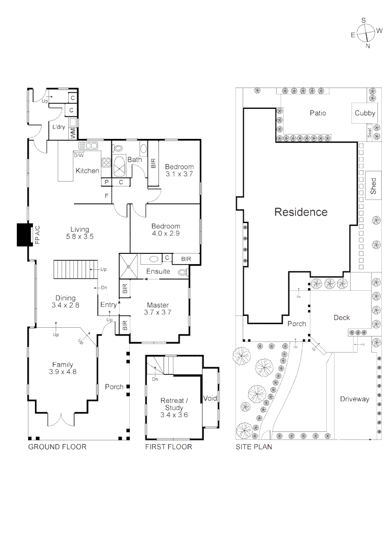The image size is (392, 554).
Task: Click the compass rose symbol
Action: click(x=366, y=33)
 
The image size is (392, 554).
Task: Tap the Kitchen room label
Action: click(x=88, y=170)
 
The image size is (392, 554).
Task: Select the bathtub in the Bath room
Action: click(x=121, y=166)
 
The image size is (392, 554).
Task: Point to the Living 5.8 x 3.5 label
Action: click(x=78, y=233)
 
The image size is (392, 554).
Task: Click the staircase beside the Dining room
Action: click(x=75, y=269)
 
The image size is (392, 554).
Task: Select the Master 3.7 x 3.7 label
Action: click(x=158, y=308)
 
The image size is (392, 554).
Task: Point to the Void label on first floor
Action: click(x=210, y=398)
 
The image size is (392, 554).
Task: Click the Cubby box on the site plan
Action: click(x=365, y=113)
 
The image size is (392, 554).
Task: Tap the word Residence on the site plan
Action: click(x=301, y=212)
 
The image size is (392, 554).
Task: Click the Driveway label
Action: click(x=354, y=399)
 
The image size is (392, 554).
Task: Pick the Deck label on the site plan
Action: click(x=342, y=318)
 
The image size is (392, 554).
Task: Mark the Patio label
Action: click(x=318, y=113)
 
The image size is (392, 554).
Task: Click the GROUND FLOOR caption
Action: click(x=57, y=447)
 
